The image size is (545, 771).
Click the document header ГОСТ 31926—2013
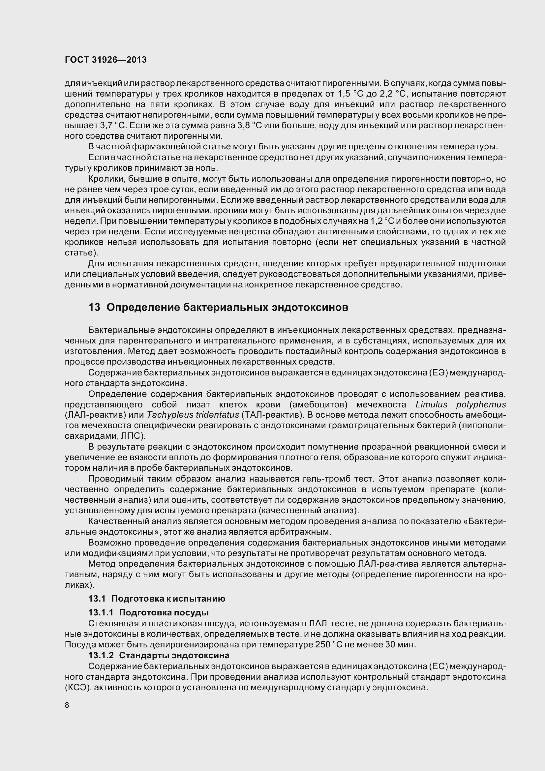pos(106,60)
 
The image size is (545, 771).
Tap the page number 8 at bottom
pos(67,705)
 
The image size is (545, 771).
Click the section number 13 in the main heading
pos(94,307)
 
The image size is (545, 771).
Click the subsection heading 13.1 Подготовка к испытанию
pos(157,599)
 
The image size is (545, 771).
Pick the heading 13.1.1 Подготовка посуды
pos(148,612)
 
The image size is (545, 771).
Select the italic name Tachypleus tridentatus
pos(193,415)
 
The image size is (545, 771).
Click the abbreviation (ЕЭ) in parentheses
pos(439,373)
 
